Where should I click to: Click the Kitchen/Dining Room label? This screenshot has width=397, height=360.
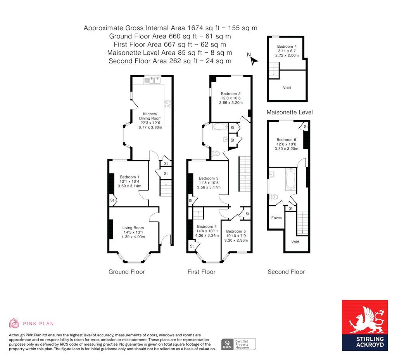tap(150, 116)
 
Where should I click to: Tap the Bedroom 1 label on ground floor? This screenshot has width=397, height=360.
tap(129, 177)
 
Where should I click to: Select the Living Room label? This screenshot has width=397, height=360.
tap(133, 228)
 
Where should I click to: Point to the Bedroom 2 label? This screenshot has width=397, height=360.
tap(231, 93)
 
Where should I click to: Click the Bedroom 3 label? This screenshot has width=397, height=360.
tap(209, 178)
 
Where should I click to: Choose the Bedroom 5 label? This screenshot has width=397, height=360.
tap(236, 231)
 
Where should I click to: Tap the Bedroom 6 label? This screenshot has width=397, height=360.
tap(287, 140)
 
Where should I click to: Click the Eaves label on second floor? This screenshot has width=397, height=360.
tap(276, 218)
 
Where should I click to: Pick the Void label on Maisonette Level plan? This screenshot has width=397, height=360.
tap(287, 88)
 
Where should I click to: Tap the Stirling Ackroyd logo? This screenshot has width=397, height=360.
tap(364, 325)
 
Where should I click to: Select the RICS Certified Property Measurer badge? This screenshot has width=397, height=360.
tap(238, 344)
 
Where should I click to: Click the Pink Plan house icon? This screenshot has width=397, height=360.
tap(14, 323)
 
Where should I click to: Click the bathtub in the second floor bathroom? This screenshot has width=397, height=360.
tap(290, 180)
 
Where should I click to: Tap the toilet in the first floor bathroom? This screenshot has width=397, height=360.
tap(216, 153)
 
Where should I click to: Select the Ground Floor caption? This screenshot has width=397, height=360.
tap(127, 272)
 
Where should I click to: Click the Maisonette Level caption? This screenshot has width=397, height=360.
tap(290, 112)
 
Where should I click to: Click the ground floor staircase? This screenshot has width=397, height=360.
tap(166, 188)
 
